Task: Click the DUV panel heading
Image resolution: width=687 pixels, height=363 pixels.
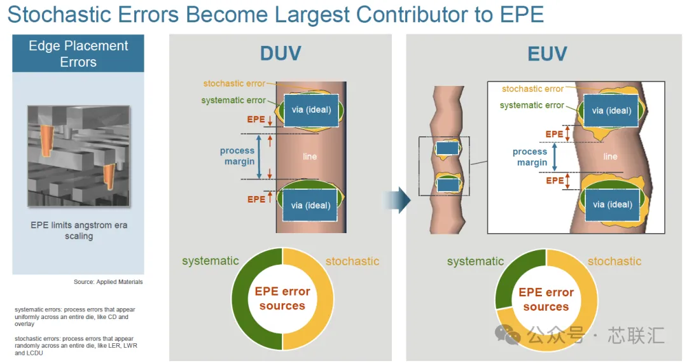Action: coord(281,54)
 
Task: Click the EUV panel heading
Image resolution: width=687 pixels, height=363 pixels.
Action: coord(547,54)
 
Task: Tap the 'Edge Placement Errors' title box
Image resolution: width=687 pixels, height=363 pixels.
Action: coord(78,53)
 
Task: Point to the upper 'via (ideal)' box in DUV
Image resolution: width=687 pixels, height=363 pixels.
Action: coord(311,110)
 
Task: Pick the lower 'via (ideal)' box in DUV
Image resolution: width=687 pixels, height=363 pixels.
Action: coord(310,205)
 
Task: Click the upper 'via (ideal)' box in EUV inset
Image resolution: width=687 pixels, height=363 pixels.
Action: coord(611,111)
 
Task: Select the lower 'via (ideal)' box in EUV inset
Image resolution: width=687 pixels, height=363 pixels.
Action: coord(612,204)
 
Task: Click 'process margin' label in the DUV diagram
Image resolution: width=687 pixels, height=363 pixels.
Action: coord(237,156)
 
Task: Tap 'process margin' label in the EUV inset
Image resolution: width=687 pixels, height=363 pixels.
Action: coord(530,157)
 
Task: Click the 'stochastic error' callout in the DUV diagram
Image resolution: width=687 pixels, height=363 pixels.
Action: coord(234,83)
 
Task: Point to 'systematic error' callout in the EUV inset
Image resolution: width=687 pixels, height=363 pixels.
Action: coord(532,105)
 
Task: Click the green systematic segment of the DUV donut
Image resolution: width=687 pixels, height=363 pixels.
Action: coord(240,299)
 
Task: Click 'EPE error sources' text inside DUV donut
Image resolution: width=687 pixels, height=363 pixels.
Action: coord(282,299)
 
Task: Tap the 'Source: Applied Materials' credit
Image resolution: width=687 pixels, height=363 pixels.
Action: coord(108,282)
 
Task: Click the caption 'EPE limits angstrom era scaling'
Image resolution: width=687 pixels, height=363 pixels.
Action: coord(79,231)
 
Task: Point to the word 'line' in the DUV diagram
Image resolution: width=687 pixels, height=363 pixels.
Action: coord(310,157)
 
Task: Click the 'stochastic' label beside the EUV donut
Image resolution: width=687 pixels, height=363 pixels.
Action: coord(614,261)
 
